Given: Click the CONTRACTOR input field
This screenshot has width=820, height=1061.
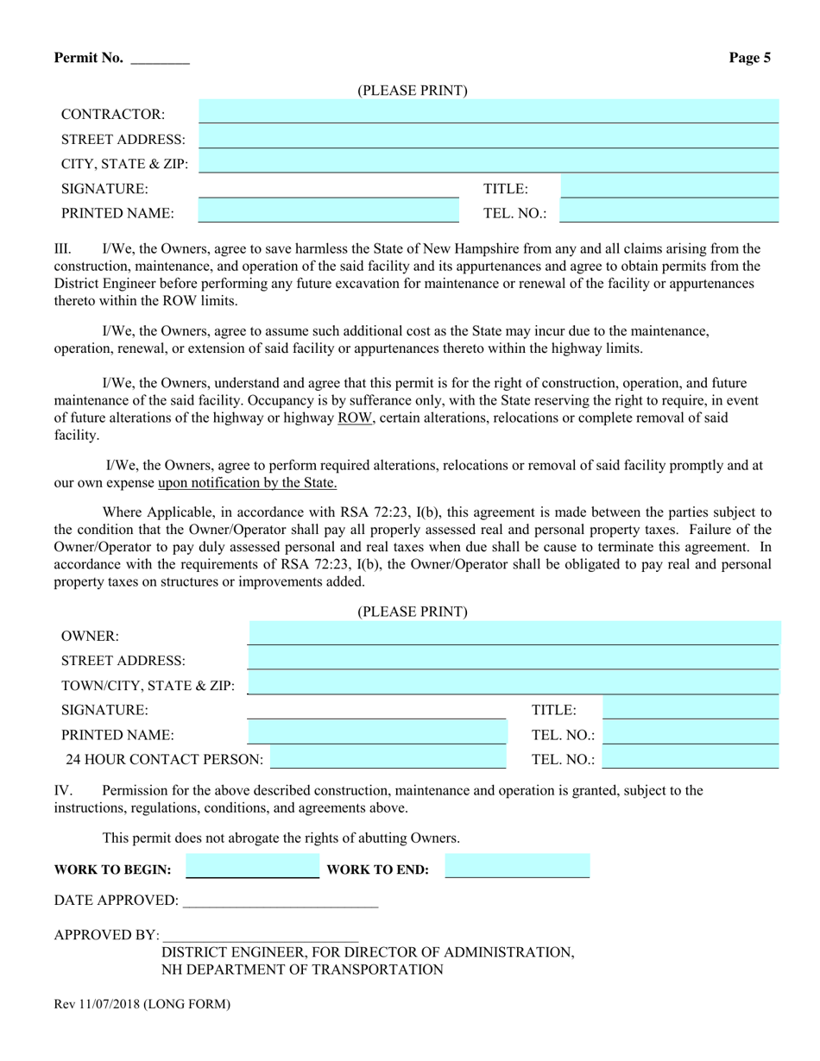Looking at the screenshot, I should tap(489, 111).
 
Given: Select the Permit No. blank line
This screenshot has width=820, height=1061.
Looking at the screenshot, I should tap(160, 60).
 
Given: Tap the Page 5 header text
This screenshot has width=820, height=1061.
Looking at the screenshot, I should tap(749, 59).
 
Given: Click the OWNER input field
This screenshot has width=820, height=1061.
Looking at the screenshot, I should tap(513, 633).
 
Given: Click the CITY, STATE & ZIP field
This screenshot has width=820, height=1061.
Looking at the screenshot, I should tap(489, 160).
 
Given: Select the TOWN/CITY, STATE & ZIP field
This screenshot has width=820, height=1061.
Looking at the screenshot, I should tap(513, 683).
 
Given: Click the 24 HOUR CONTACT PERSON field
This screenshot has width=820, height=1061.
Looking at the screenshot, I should tap(388, 757).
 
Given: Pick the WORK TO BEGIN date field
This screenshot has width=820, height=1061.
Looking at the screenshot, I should tap(252, 866).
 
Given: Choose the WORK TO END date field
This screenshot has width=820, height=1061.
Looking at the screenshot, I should tap(517, 866).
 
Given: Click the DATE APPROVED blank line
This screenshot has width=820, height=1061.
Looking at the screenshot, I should tap(281, 901).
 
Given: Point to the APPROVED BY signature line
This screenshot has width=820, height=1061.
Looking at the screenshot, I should tap(260, 935).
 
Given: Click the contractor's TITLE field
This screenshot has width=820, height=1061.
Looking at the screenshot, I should tap(669, 186).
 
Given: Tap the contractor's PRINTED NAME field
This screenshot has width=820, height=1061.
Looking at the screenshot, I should tap(328, 210).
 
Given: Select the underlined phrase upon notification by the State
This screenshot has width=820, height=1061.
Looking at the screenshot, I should tap(248, 483).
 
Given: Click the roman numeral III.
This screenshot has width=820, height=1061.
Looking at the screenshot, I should tap(62, 249).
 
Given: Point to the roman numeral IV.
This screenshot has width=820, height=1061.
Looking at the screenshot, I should tap(63, 790).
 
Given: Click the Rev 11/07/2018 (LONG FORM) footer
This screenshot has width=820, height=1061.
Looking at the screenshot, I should tap(142, 1004).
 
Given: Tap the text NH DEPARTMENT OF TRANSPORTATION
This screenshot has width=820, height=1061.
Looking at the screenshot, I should tap(302, 970).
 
